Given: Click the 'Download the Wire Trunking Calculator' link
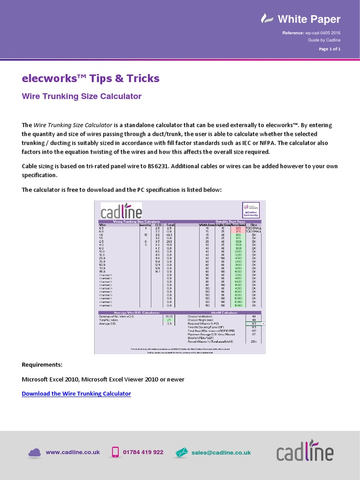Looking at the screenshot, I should pyautogui.click(x=76, y=394).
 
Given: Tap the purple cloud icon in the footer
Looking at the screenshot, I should pyautogui.click(x=35, y=452).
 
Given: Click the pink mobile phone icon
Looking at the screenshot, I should pyautogui.click(x=115, y=452).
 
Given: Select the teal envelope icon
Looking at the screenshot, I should pyautogui.click(x=181, y=452).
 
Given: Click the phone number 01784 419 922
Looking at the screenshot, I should pyautogui.click(x=143, y=452).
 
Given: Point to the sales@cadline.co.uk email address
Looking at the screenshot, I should pyautogui.click(x=221, y=452).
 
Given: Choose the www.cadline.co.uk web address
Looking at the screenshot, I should pyautogui.click(x=73, y=452).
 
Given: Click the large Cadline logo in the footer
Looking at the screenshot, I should pyautogui.click(x=305, y=452).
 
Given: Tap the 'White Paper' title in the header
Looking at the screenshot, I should pyautogui.click(x=309, y=19).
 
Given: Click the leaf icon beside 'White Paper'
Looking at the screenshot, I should pyautogui.click(x=267, y=19).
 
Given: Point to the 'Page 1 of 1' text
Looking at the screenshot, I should pyautogui.click(x=330, y=49).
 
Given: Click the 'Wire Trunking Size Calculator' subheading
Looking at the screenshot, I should pyautogui.click(x=82, y=96).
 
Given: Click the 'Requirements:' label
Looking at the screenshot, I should pyautogui.click(x=42, y=365).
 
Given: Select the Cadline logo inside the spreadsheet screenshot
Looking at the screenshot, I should pyautogui.click(x=121, y=210).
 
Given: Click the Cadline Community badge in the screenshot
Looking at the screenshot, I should pyautogui.click(x=251, y=210).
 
